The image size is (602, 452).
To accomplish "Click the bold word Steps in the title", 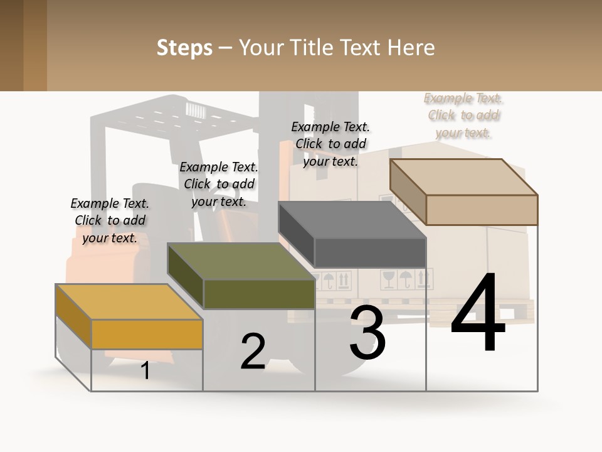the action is tap(184, 48).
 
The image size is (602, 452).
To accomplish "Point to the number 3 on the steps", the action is tap(367, 332).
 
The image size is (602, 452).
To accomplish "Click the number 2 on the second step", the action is tap(253, 351).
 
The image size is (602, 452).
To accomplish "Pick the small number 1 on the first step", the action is tap(145, 370).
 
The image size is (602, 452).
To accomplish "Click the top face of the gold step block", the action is tap(129, 302).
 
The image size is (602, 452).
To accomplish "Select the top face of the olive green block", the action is tap(241, 261).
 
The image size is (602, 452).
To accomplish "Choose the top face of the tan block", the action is tap(464, 177).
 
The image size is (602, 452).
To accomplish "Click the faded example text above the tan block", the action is tap(463, 116).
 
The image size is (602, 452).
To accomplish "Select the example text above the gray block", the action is tap(330, 144).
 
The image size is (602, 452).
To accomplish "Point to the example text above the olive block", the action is tap(219, 184).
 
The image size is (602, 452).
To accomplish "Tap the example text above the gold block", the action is tap(110, 220).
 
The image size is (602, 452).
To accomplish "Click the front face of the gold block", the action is tap(147, 335).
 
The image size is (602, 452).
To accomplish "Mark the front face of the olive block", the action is tap(259, 294).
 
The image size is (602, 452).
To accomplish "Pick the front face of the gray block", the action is tap(370, 252).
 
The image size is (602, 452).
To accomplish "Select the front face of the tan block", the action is tap(482, 210).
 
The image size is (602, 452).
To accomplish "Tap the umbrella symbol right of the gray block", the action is tap(406, 279).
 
